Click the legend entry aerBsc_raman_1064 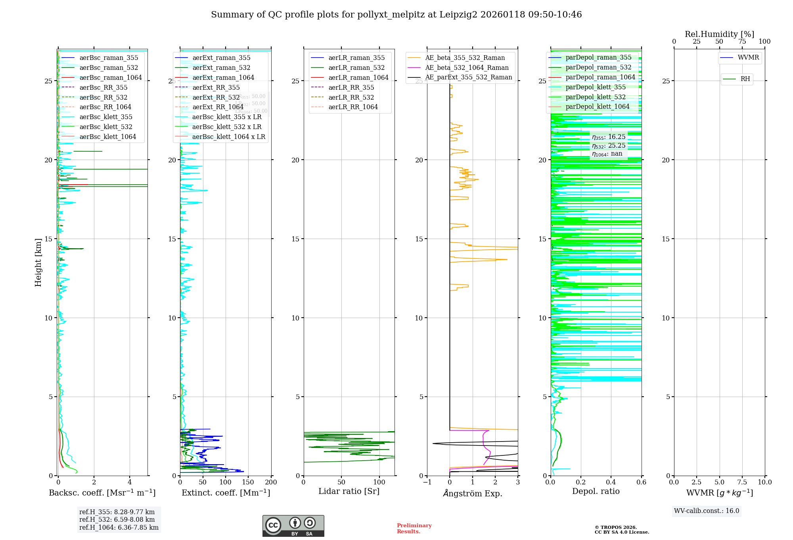click(110, 77)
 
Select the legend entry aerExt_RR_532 click(216, 97)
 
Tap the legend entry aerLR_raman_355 click(356, 58)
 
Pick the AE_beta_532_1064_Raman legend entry click(466, 67)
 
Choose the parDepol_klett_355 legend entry click(595, 87)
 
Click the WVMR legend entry click(748, 58)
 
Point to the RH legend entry click(745, 79)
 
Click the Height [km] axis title click(38, 262)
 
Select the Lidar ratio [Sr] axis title click(349, 492)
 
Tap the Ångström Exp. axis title click(472, 493)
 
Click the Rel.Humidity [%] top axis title click(719, 34)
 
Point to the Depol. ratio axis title click(596, 492)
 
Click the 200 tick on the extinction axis click(271, 482)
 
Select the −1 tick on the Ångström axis click(427, 482)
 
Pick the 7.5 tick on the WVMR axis click(742, 482)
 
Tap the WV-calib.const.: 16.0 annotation click(707, 511)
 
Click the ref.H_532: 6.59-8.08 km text click(117, 520)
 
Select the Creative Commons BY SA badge click(293, 526)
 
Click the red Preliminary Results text click(414, 528)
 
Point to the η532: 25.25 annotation click(608, 146)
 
